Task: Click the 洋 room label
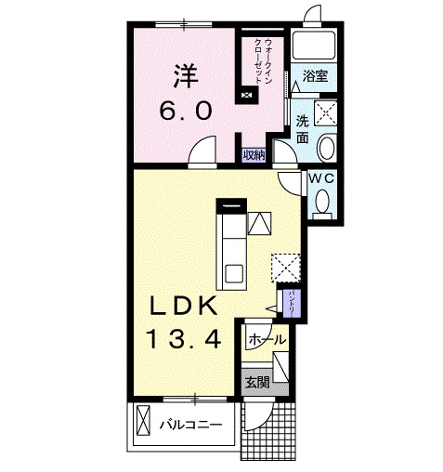click(x=182, y=72)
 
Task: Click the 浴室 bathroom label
click(x=315, y=77)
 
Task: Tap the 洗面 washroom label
click(x=303, y=128)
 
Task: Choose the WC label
click(x=321, y=177)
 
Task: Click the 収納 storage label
click(x=254, y=155)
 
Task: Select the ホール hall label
click(x=267, y=340)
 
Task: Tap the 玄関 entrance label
click(x=256, y=380)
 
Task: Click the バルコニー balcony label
click(x=189, y=426)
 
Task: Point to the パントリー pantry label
click(x=291, y=304)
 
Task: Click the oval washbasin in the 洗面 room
click(x=325, y=149)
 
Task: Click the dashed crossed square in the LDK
click(x=284, y=267)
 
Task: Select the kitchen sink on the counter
click(x=234, y=272)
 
